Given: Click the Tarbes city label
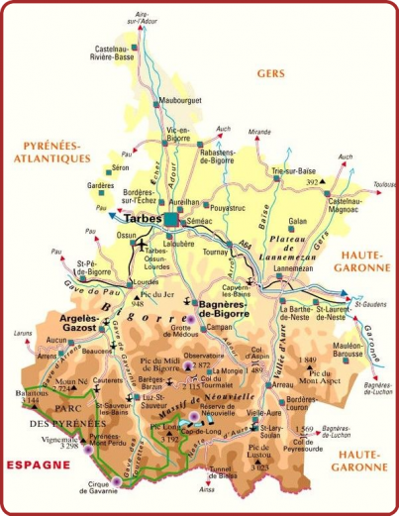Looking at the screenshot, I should [x=141, y=220].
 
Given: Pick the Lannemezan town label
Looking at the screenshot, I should [x=291, y=269].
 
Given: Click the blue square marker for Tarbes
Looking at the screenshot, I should [x=172, y=219].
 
